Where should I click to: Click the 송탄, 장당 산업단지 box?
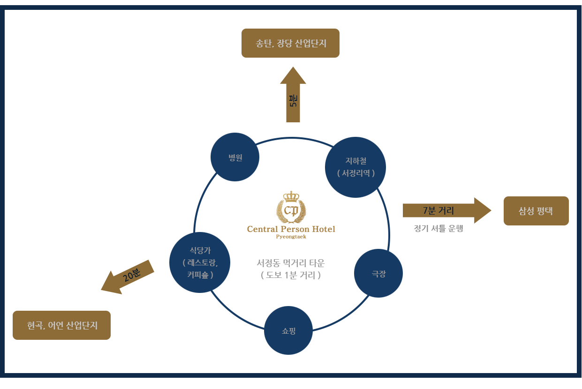tap(290, 43)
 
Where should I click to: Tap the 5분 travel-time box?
tap(293, 95)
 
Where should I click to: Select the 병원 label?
tap(235, 158)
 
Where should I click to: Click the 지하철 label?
tap(356, 161)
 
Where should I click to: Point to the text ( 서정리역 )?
tap(356, 173)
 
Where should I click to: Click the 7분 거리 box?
tap(446, 210)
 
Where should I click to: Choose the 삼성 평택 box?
tap(536, 211)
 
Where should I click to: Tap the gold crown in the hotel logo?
tap(291, 196)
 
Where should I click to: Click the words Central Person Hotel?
tap(291, 229)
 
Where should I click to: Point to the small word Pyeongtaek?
tap(291, 237)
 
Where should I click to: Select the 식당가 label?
tap(200, 251)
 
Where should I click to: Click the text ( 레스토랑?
tap(200, 263)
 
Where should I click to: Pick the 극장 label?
tap(379, 274)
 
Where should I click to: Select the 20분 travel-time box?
tap(128, 277)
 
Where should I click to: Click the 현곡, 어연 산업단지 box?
tap(61, 325)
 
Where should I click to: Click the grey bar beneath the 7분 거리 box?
tap(438, 229)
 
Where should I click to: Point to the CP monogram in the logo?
tap(291, 211)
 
